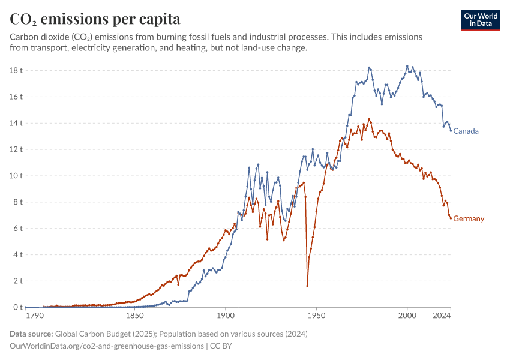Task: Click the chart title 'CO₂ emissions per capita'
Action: (95, 19)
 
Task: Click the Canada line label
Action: (466, 131)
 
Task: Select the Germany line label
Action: (469, 218)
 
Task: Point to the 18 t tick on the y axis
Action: (16, 70)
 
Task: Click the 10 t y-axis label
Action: (16, 176)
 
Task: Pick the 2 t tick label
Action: (18, 281)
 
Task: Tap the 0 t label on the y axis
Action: (18, 307)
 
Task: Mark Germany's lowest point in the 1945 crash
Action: (307, 286)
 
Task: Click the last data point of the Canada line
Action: (451, 131)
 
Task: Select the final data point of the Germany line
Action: (451, 218)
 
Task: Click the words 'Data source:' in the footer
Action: (31, 334)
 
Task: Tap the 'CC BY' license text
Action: (221, 346)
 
